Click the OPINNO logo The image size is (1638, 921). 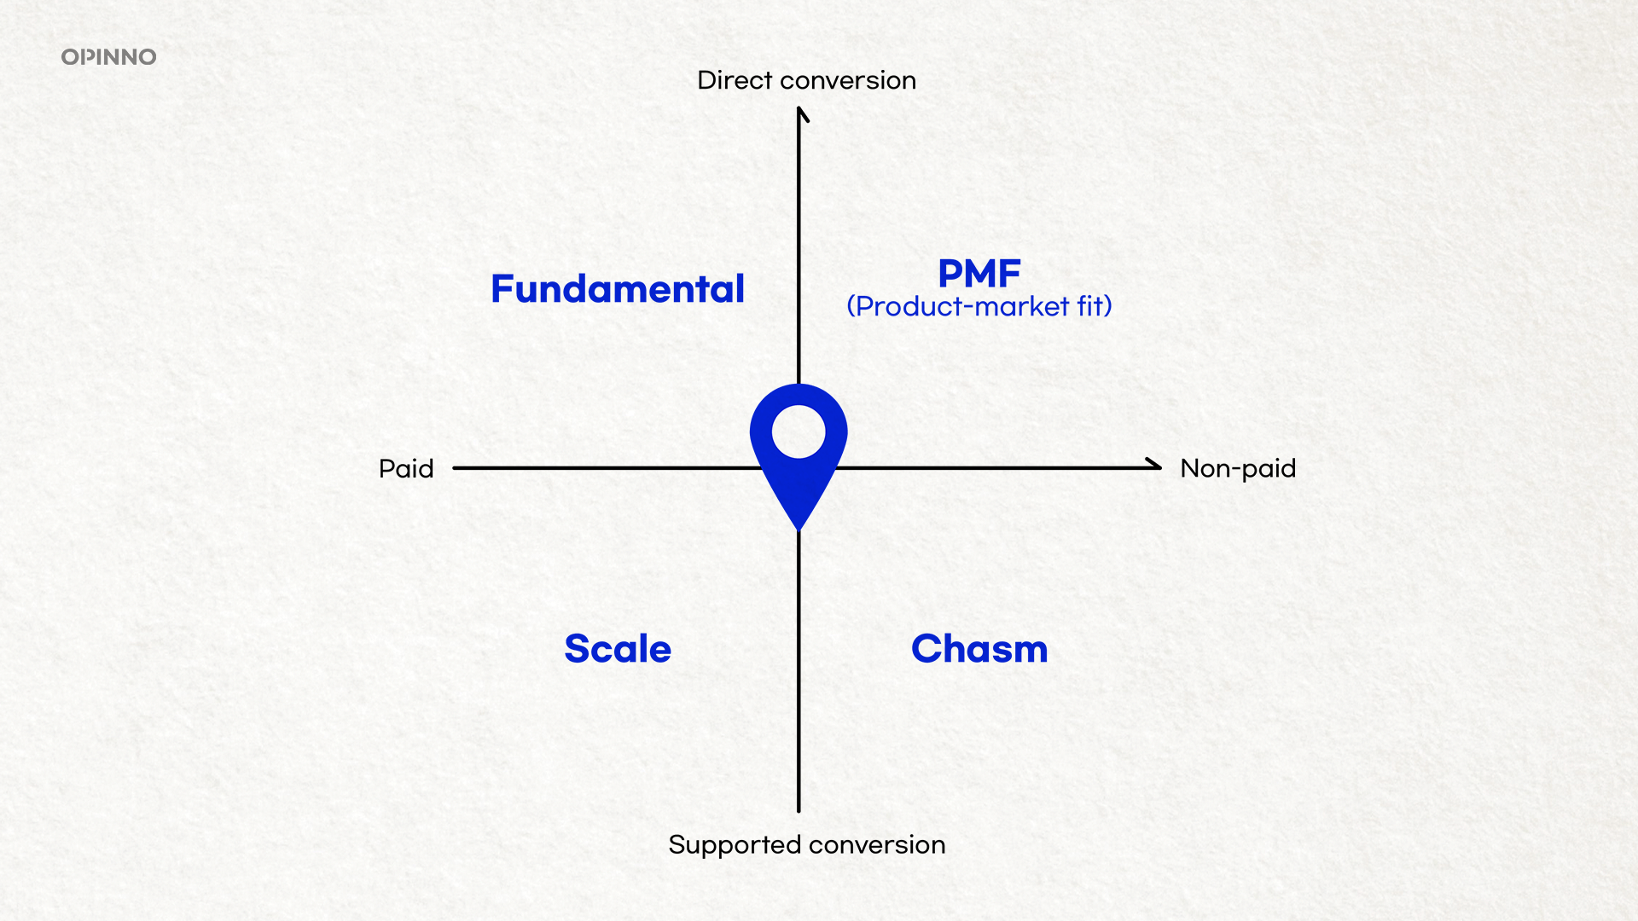click(x=108, y=57)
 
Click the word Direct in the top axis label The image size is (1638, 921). click(x=735, y=80)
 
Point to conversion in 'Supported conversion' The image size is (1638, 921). click(x=878, y=845)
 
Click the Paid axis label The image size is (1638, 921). click(x=406, y=468)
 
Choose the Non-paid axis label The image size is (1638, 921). click(x=1238, y=468)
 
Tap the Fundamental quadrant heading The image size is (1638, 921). click(x=618, y=288)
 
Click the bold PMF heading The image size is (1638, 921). click(x=979, y=274)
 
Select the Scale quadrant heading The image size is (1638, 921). click(x=618, y=648)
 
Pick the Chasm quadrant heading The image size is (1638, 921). click(x=979, y=648)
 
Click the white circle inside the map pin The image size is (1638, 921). click(x=799, y=432)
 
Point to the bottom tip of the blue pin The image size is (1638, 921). click(x=799, y=530)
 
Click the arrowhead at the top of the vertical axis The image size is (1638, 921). click(x=800, y=113)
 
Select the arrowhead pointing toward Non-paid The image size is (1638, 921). click(x=1153, y=466)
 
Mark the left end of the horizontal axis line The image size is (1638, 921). click(x=454, y=468)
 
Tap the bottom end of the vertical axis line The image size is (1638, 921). click(x=799, y=811)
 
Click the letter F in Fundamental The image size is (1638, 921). click(x=502, y=288)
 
